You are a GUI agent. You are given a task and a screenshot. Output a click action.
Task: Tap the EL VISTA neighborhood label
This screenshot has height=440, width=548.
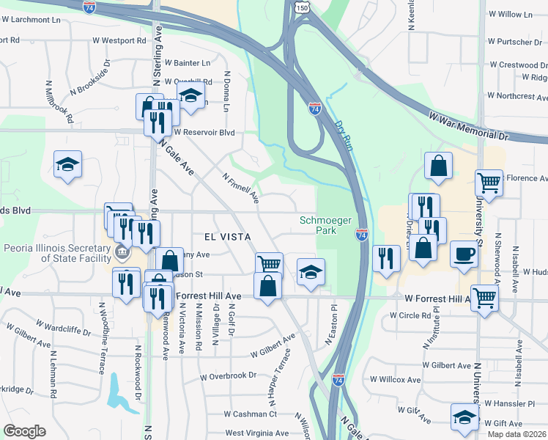[229, 237]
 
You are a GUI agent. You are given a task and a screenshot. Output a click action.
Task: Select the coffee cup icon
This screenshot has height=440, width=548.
[464, 254]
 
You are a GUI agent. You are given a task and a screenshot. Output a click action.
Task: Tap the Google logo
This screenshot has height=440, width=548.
[24, 431]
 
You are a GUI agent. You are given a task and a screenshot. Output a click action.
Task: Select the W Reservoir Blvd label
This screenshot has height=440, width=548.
[204, 133]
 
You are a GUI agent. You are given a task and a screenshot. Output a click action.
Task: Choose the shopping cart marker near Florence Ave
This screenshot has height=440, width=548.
[489, 183]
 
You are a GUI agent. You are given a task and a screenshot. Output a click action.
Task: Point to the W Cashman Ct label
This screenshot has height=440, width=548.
[251, 414]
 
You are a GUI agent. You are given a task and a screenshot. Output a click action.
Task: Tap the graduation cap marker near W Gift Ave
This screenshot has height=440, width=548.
[464, 417]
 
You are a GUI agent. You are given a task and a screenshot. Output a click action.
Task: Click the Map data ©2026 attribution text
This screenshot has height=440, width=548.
[516, 434]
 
